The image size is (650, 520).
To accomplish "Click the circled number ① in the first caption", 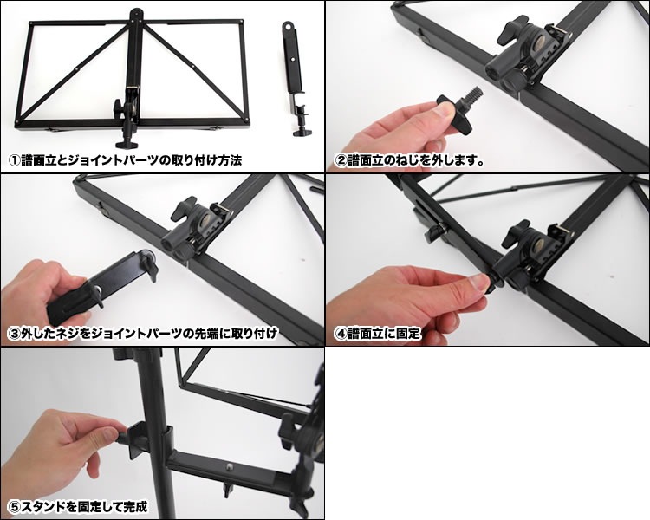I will [x=15, y=160].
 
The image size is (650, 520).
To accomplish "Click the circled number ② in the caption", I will [x=341, y=160].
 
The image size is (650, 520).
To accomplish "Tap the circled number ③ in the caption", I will [x=15, y=333].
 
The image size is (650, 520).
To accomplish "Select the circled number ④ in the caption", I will [x=341, y=333].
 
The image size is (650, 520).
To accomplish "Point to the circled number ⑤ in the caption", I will [x=15, y=506].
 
